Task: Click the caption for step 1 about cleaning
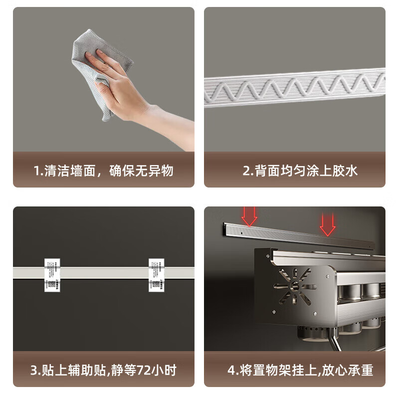103,171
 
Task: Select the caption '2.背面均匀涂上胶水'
300,171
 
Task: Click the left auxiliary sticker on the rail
52,275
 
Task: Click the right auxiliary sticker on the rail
156,275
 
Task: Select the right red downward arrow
327,224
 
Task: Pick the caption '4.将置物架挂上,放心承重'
300,371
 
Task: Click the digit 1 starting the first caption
36,171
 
